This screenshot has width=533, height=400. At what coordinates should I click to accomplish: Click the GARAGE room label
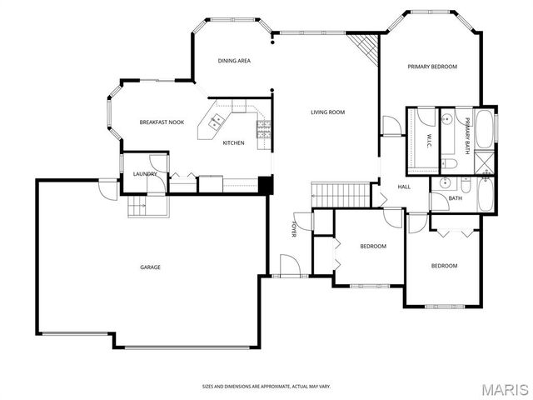(150, 267)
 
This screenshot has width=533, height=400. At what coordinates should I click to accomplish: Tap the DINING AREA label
(234, 61)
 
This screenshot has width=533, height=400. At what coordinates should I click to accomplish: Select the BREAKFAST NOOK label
(162, 122)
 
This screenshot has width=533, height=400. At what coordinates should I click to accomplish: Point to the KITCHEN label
(233, 143)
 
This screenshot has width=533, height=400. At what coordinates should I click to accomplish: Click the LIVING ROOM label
(328, 112)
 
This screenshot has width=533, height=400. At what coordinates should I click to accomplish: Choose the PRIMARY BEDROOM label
(432, 67)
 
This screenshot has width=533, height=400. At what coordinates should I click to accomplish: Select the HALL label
(404, 187)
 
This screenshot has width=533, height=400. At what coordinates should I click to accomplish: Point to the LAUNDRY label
(146, 173)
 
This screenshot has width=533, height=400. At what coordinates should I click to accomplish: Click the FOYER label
(294, 230)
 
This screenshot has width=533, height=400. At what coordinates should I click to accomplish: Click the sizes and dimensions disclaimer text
(266, 387)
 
